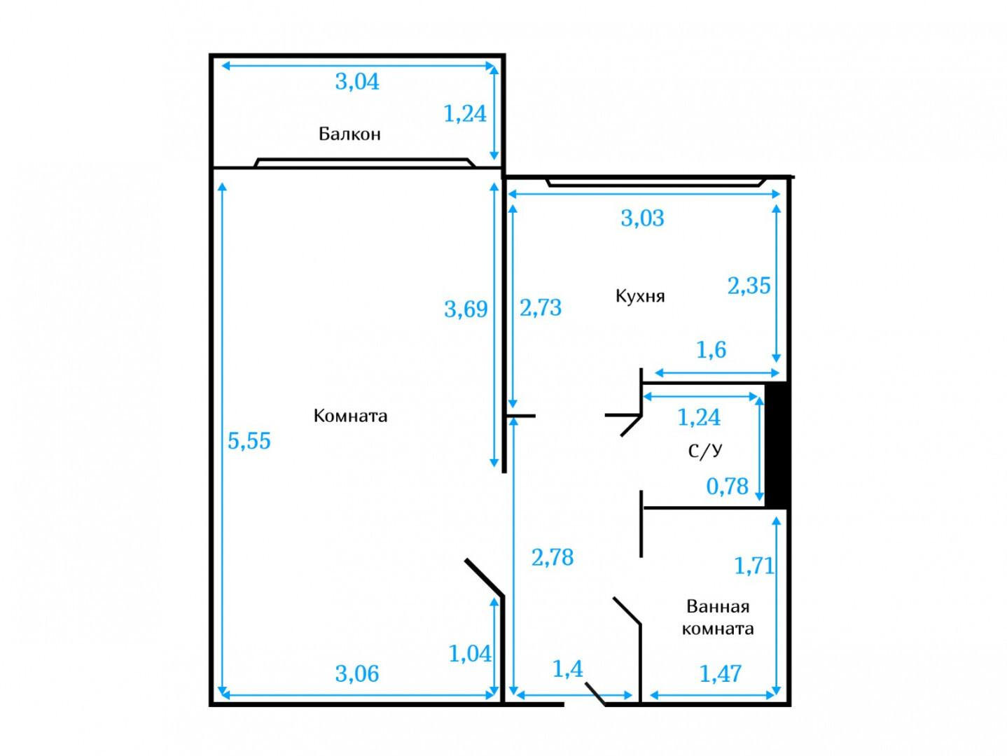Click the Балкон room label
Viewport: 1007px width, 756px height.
[x=349, y=134]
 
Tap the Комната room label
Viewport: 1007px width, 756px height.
[x=351, y=415]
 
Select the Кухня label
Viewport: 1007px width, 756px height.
[x=640, y=296]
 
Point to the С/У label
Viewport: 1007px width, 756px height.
[x=705, y=451]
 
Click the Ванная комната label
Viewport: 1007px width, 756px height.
[x=718, y=617]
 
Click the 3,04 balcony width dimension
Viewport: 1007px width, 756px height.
[x=357, y=82]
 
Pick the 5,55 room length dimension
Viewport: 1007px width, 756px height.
[x=249, y=440]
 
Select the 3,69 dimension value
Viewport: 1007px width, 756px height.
[x=466, y=309]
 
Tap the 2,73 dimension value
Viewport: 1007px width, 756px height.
[x=541, y=307]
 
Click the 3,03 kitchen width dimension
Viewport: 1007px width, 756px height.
[x=642, y=218]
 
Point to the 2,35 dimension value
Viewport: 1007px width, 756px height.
[x=749, y=286]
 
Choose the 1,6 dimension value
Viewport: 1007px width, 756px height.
[x=711, y=350]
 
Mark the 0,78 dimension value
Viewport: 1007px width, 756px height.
[x=727, y=486]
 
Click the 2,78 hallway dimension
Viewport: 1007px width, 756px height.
[x=553, y=557]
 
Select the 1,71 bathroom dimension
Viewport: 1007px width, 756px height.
[x=753, y=566]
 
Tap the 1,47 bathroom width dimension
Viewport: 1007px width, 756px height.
[x=721, y=673]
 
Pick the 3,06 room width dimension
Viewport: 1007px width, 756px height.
[x=357, y=673]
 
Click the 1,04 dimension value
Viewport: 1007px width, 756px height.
[x=470, y=653]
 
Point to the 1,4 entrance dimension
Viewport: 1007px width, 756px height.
[x=567, y=669]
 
